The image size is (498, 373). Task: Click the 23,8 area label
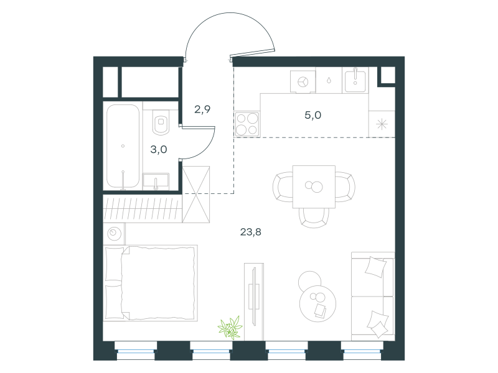[x=251, y=232]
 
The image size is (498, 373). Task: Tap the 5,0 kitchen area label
[x=313, y=115]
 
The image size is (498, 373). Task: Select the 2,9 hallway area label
[x=202, y=109]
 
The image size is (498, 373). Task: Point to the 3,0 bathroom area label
[x=159, y=149]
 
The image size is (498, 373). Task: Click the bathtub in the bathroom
[x=123, y=146]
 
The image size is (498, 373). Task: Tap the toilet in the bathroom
[x=161, y=122]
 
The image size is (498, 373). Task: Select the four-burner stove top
[x=247, y=124]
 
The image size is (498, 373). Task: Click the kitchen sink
[x=355, y=80]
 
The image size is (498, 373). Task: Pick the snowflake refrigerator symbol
[x=382, y=124]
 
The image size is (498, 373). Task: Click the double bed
[x=150, y=283]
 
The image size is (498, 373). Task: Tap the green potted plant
[x=230, y=328]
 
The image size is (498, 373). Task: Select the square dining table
[x=314, y=186]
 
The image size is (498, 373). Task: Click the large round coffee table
[x=317, y=303]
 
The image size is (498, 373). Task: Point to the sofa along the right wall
[x=373, y=297]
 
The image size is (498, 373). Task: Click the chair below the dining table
[x=314, y=218]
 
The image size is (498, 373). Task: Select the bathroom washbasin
[x=156, y=181]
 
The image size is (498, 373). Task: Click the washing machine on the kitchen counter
[x=303, y=82]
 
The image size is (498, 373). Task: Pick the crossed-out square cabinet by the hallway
[x=196, y=195]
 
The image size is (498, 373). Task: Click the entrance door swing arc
[x=230, y=12]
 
